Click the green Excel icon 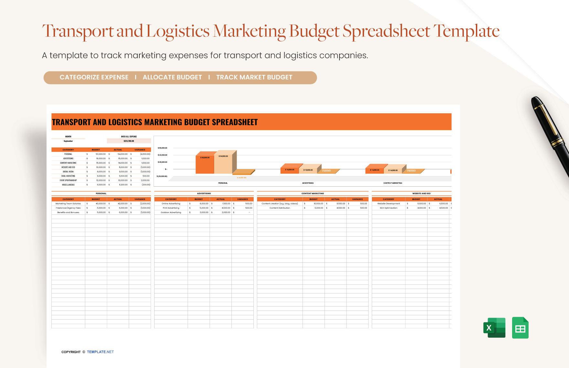tap(494, 328)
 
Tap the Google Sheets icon tap(520, 328)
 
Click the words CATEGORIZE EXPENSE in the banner tap(94, 77)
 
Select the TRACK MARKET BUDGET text tap(254, 77)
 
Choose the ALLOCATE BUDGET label tap(172, 77)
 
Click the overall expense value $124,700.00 tap(129, 141)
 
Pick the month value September tap(68, 141)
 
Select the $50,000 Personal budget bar tap(205, 165)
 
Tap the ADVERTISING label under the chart tap(308, 183)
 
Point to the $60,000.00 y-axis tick tap(162, 148)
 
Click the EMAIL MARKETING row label tap(68, 176)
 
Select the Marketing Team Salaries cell tap(68, 204)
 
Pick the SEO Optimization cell tap(388, 208)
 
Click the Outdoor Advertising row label tap(171, 212)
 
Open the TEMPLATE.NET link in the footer tap(100, 352)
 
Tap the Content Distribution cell tap(280, 208)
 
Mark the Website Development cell tap(388, 204)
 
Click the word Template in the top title tap(466, 31)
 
